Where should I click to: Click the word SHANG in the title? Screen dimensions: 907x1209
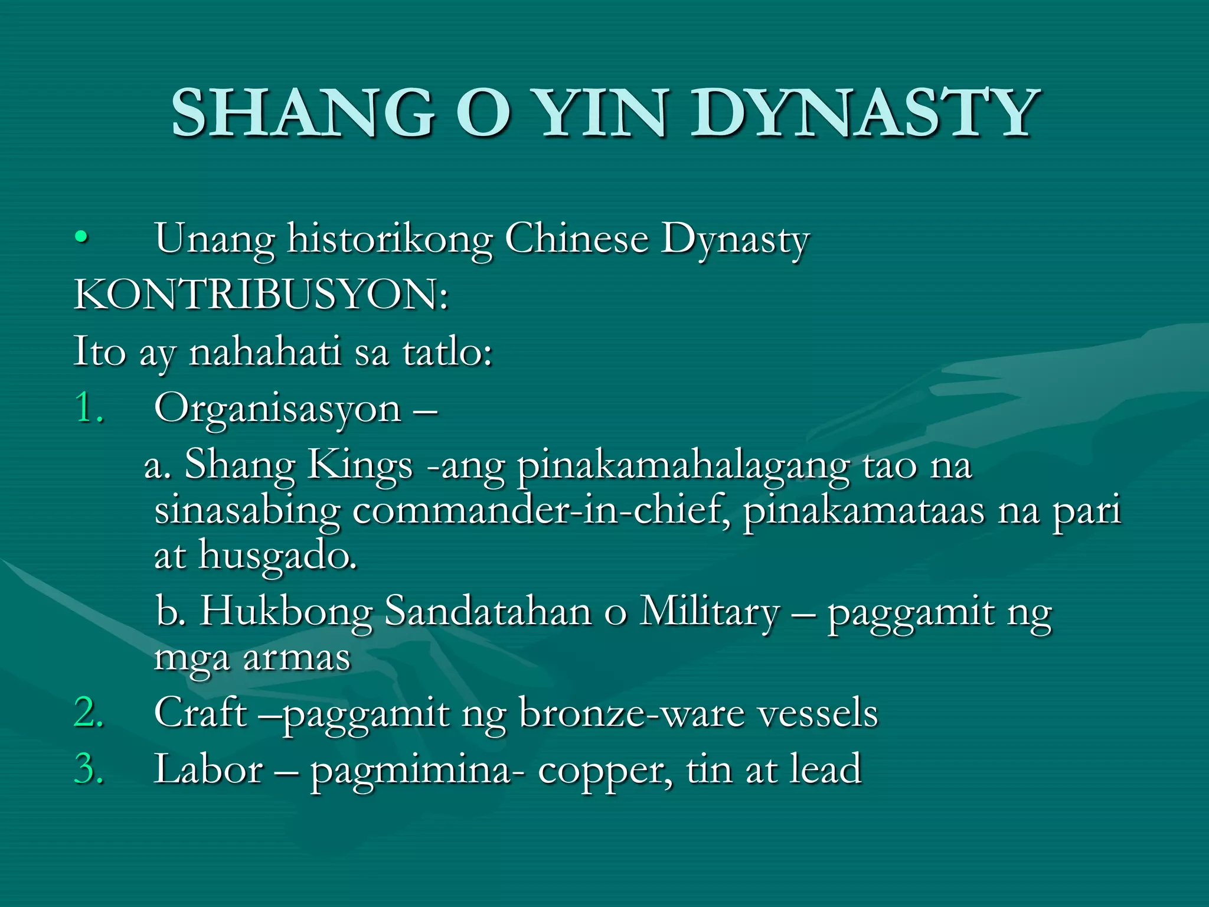(303, 112)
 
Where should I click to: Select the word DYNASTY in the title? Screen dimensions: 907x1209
(865, 112)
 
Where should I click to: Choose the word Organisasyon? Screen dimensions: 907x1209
(277, 409)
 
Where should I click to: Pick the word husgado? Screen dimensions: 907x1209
(277, 556)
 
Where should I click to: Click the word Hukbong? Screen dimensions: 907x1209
(287, 611)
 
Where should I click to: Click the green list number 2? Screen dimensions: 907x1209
(89, 712)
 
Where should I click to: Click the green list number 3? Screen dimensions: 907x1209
(89, 769)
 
